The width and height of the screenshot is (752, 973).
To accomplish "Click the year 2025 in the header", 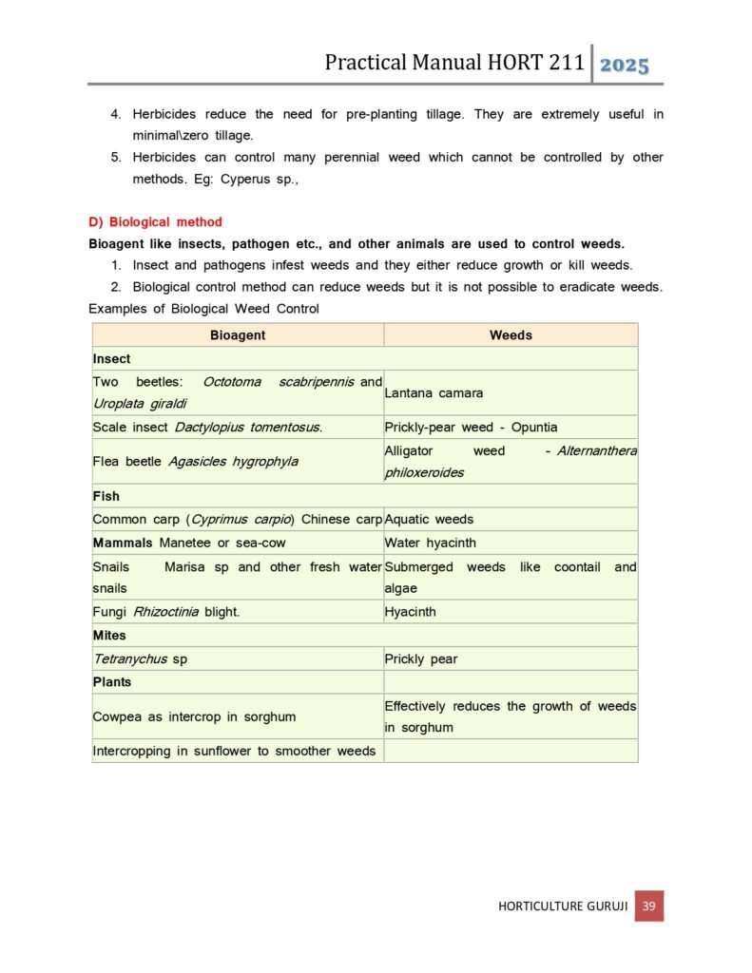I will pyautogui.click(x=625, y=66).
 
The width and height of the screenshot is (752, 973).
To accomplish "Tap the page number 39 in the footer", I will pyautogui.click(x=648, y=906).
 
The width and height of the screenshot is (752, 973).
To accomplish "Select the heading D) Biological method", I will pyautogui.click(x=155, y=222).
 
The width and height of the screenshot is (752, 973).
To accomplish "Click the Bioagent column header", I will pyautogui.click(x=238, y=335).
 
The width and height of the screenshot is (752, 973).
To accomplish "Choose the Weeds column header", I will pyautogui.click(x=511, y=335).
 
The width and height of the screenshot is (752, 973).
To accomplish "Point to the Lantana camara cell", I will pyautogui.click(x=434, y=392).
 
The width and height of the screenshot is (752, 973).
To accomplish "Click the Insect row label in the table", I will pyautogui.click(x=112, y=359).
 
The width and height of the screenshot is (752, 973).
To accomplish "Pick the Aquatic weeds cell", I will pyautogui.click(x=429, y=520).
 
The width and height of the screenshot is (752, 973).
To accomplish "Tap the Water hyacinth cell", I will pyautogui.click(x=431, y=544).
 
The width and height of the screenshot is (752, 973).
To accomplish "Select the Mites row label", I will pyautogui.click(x=109, y=636).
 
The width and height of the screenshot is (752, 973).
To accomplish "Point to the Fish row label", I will pyautogui.click(x=106, y=496).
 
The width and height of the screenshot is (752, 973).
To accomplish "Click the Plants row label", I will pyautogui.click(x=112, y=682).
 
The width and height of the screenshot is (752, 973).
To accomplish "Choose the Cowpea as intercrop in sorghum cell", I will pyautogui.click(x=194, y=716).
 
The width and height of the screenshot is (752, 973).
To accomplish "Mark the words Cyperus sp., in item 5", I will pyautogui.click(x=260, y=179).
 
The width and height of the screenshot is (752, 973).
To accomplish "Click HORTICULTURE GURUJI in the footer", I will pyautogui.click(x=563, y=906).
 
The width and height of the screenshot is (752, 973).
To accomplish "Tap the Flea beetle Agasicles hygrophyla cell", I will pyautogui.click(x=195, y=462).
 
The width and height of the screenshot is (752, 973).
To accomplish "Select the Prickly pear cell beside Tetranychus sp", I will pyautogui.click(x=421, y=658).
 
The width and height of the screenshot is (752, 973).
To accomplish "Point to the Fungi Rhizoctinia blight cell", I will pyautogui.click(x=166, y=612).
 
